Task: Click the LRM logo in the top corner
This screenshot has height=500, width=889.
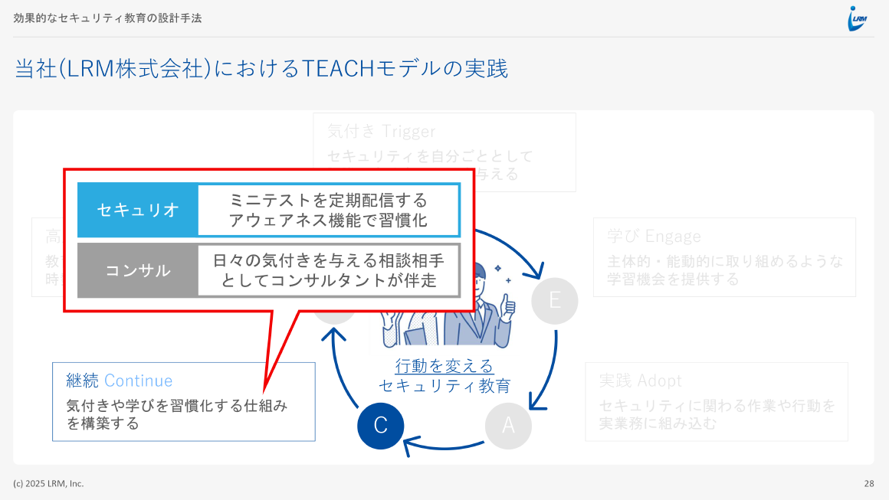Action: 857,18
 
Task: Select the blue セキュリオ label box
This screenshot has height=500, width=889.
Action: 138,210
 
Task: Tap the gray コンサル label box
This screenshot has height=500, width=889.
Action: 138,270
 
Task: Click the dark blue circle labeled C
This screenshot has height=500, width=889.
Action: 380,426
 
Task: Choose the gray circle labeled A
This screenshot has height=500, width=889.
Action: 508,426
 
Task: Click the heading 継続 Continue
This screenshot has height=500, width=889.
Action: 120,381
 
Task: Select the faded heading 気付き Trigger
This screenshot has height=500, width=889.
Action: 381,131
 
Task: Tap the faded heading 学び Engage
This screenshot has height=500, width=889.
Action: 654,236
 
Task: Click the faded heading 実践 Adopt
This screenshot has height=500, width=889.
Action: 640,381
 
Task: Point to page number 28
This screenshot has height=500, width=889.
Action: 869,483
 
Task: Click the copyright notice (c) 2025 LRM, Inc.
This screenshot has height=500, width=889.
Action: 48,483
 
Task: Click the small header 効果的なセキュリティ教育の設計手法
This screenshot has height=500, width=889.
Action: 107,18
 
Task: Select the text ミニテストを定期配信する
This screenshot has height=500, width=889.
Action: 328,200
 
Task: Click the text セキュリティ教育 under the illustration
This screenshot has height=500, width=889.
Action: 444,386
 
